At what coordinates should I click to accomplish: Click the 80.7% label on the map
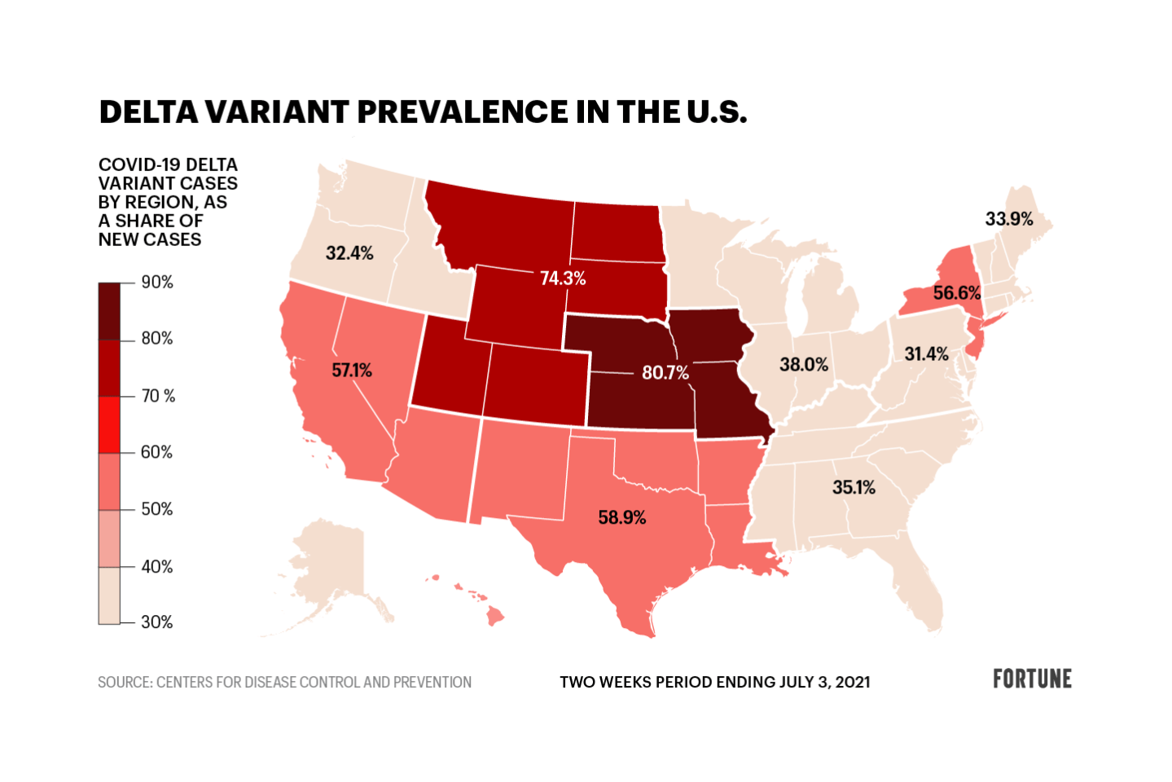665,373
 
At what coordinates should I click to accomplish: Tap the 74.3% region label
563,279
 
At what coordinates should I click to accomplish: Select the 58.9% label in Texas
621,518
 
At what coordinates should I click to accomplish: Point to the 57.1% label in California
352,371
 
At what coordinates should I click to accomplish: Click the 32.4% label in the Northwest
349,253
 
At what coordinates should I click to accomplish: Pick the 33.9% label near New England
1009,219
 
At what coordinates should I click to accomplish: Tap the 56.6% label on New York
957,293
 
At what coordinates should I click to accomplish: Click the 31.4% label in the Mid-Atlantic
926,354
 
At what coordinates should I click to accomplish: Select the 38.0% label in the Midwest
804,365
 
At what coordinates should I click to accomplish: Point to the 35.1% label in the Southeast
854,488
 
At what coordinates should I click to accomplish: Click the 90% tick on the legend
157,283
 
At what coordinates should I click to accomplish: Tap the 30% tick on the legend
157,622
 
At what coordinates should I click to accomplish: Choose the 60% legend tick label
157,452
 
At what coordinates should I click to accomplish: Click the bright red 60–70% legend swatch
109,424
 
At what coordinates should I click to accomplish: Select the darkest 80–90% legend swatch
109,311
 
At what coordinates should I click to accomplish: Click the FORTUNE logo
1032,679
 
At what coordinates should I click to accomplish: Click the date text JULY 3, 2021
824,683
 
